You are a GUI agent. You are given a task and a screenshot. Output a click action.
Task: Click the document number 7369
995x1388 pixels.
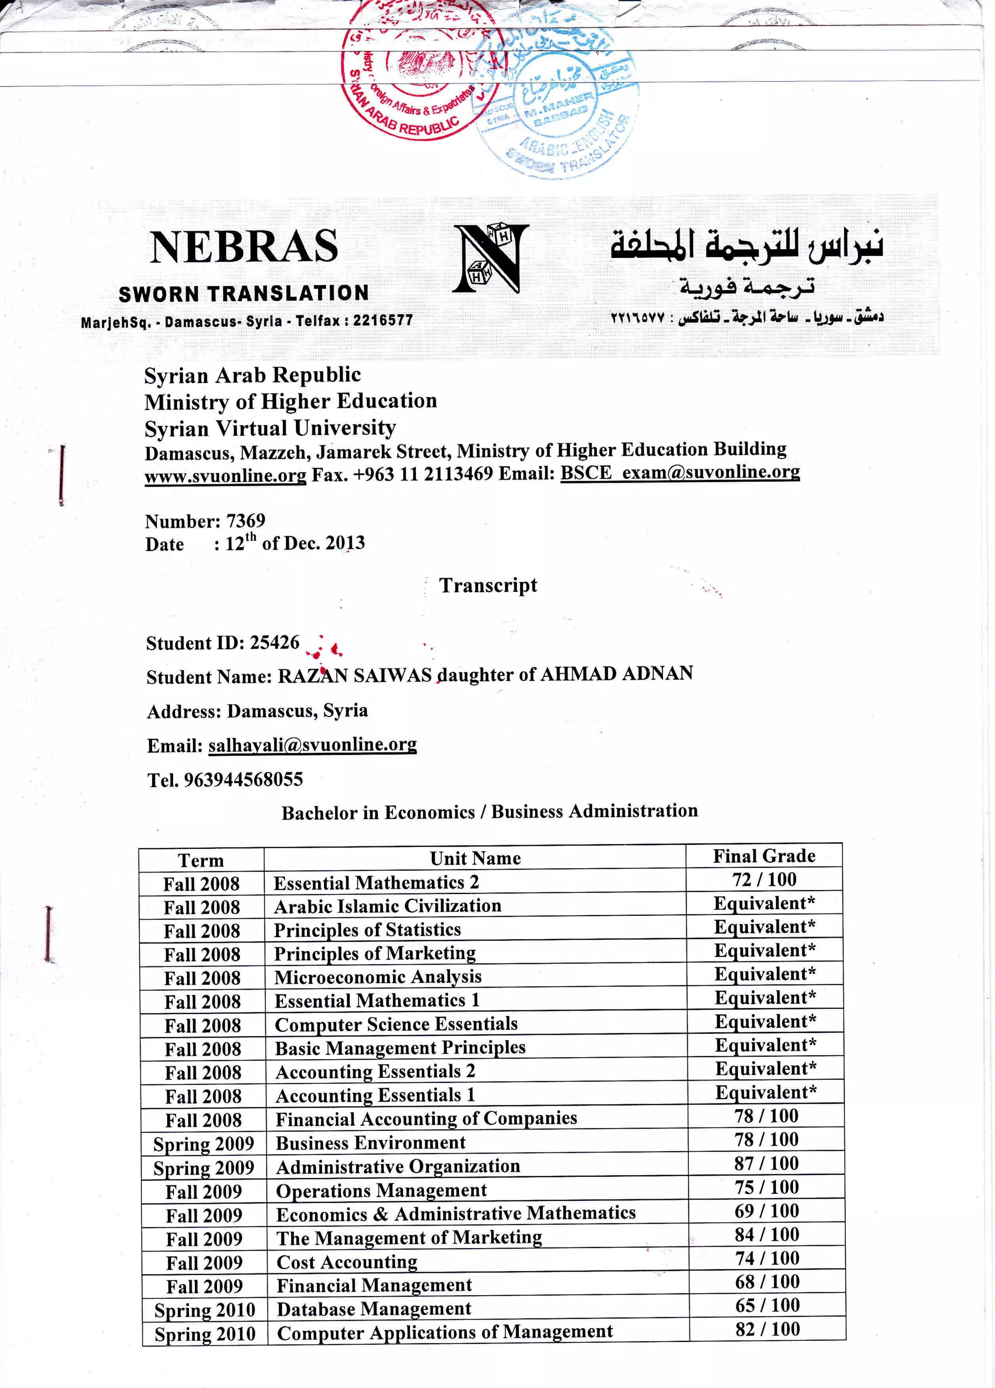pos(245,521)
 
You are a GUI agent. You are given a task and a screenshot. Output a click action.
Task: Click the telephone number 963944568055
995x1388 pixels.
pos(243,780)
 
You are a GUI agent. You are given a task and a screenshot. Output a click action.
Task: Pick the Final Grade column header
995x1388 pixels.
pos(764,856)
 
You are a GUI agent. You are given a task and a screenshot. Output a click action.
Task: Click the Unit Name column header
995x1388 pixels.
pos(475,858)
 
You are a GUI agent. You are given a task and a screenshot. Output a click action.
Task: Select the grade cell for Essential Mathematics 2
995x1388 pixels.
pos(764,879)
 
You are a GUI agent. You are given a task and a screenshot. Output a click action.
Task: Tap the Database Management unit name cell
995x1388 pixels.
pos(374,1309)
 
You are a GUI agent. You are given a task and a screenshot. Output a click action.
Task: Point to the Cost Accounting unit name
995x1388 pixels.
pos(346,1262)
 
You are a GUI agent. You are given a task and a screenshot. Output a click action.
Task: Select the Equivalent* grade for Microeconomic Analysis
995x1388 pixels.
pos(765,974)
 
